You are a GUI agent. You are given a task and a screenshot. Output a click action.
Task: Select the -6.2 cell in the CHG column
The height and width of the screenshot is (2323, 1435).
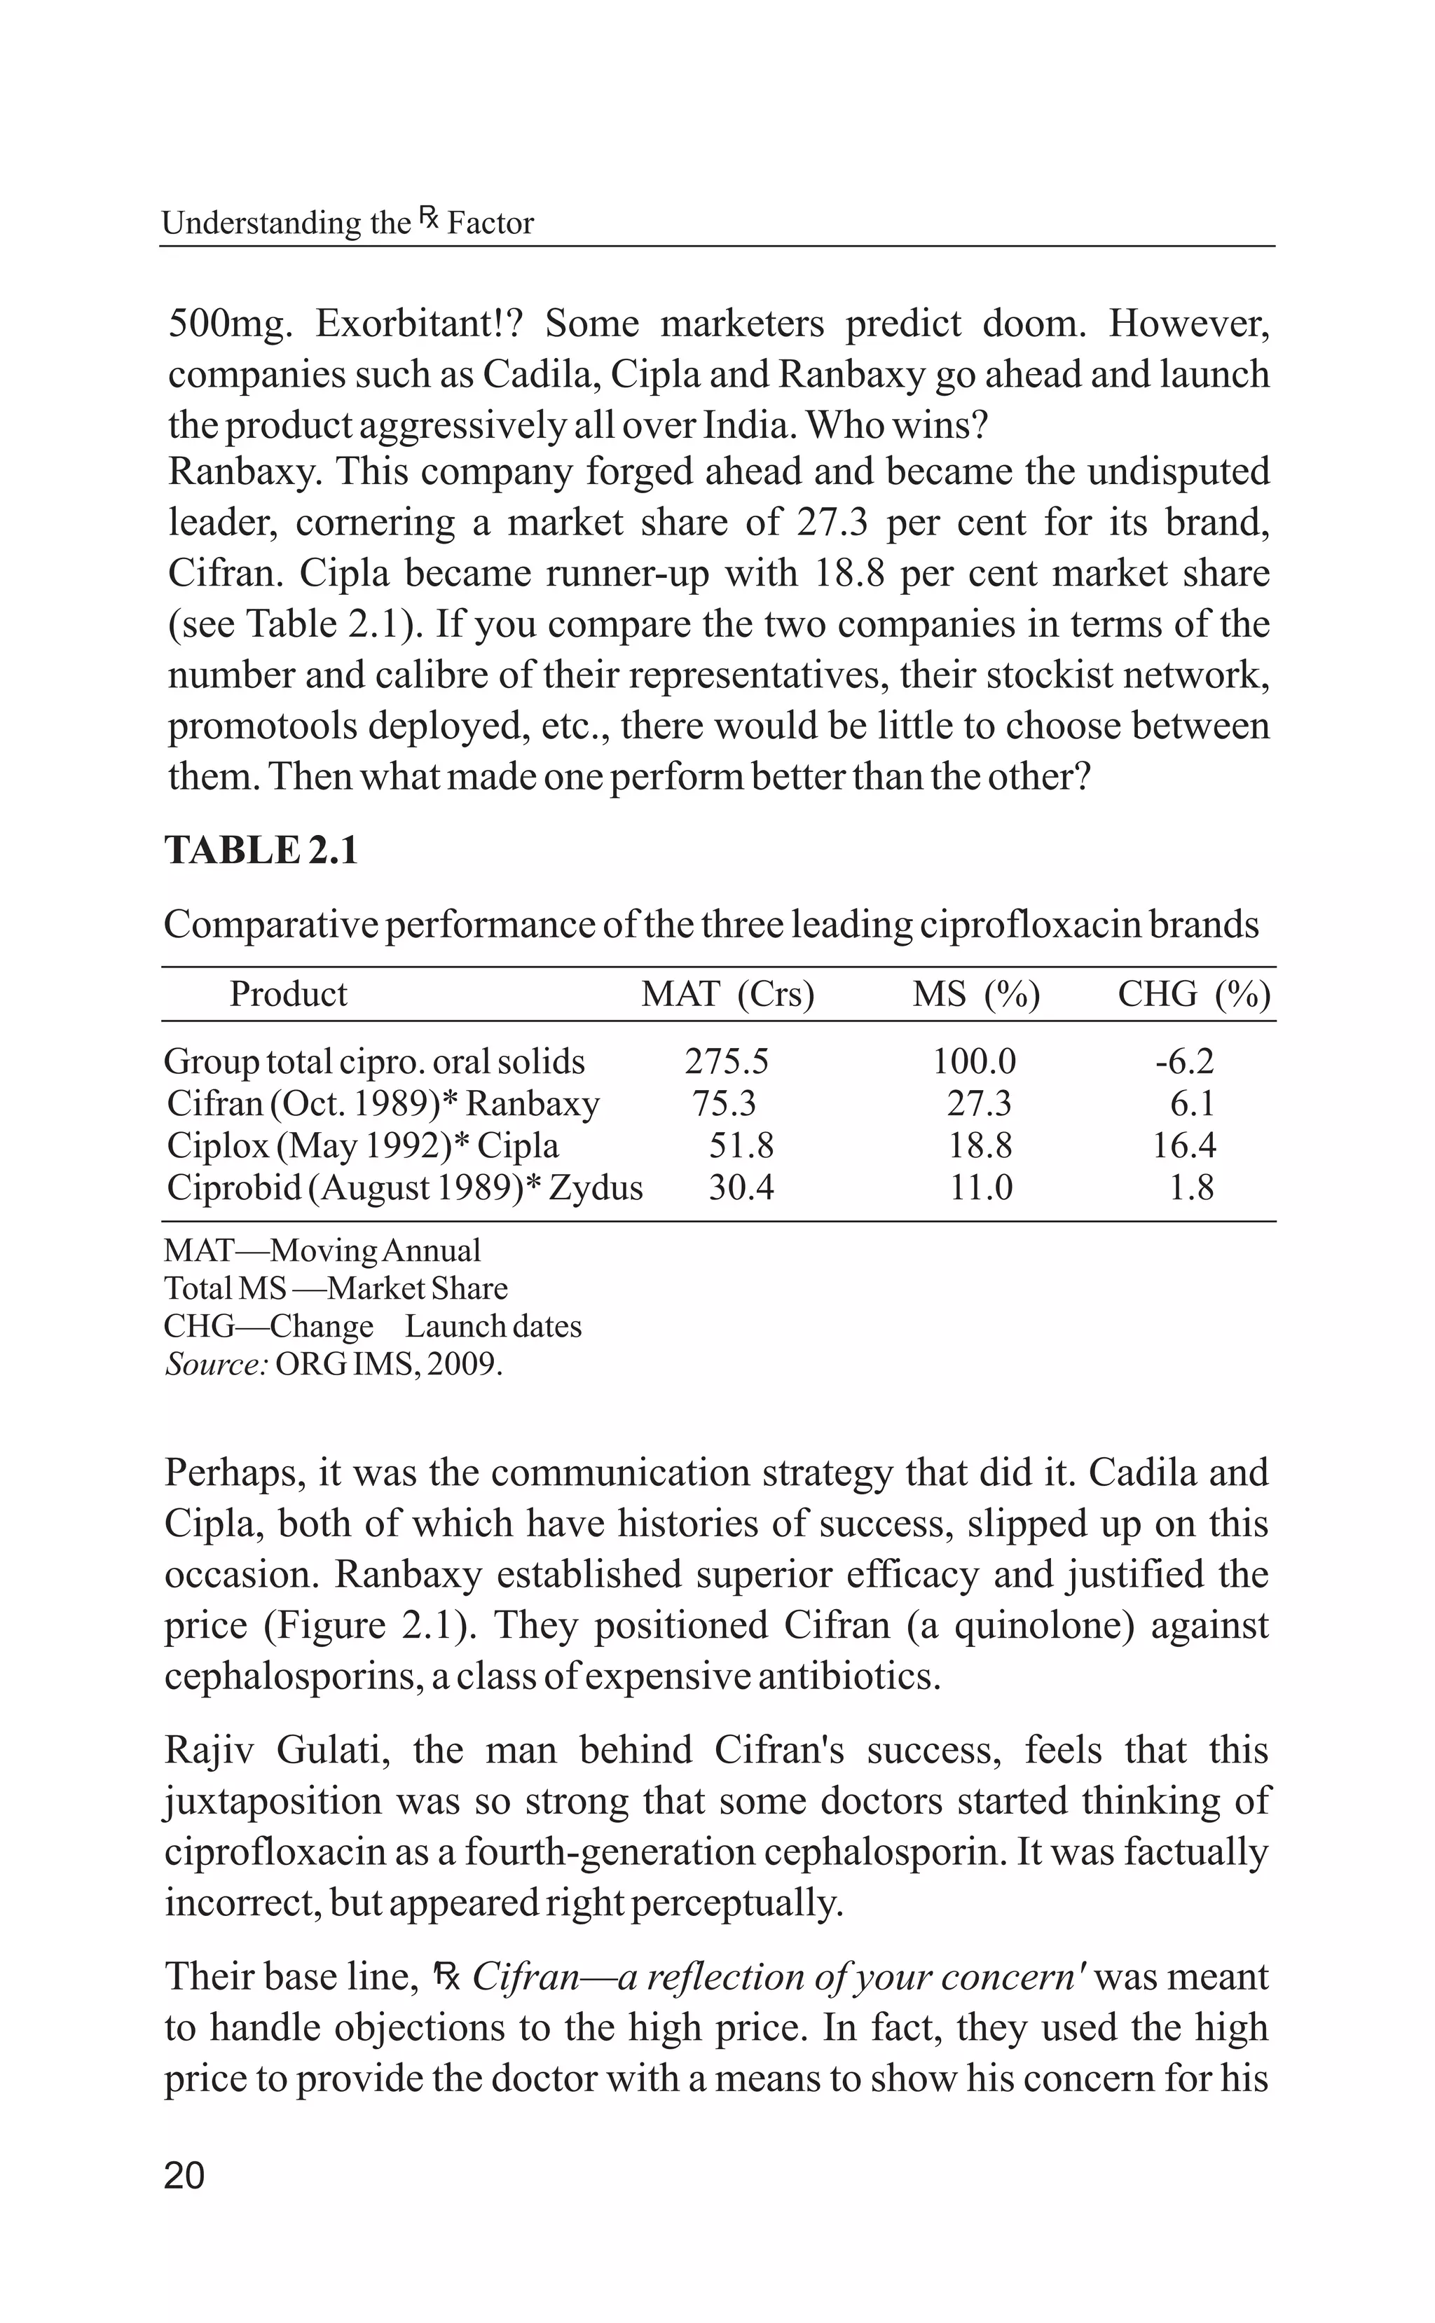coord(1183,1061)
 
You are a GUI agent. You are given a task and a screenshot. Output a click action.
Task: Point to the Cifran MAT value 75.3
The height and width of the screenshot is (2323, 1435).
coord(723,1103)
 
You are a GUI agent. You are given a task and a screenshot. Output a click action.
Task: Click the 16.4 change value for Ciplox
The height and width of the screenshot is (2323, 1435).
coord(1183,1145)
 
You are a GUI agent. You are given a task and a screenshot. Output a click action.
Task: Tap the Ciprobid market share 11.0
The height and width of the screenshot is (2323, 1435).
coord(982,1187)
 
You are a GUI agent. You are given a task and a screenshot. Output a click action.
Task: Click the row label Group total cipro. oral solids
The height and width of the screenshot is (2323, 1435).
coord(374,1061)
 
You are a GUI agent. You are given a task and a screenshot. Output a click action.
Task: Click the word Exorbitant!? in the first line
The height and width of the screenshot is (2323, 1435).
coord(418,324)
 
